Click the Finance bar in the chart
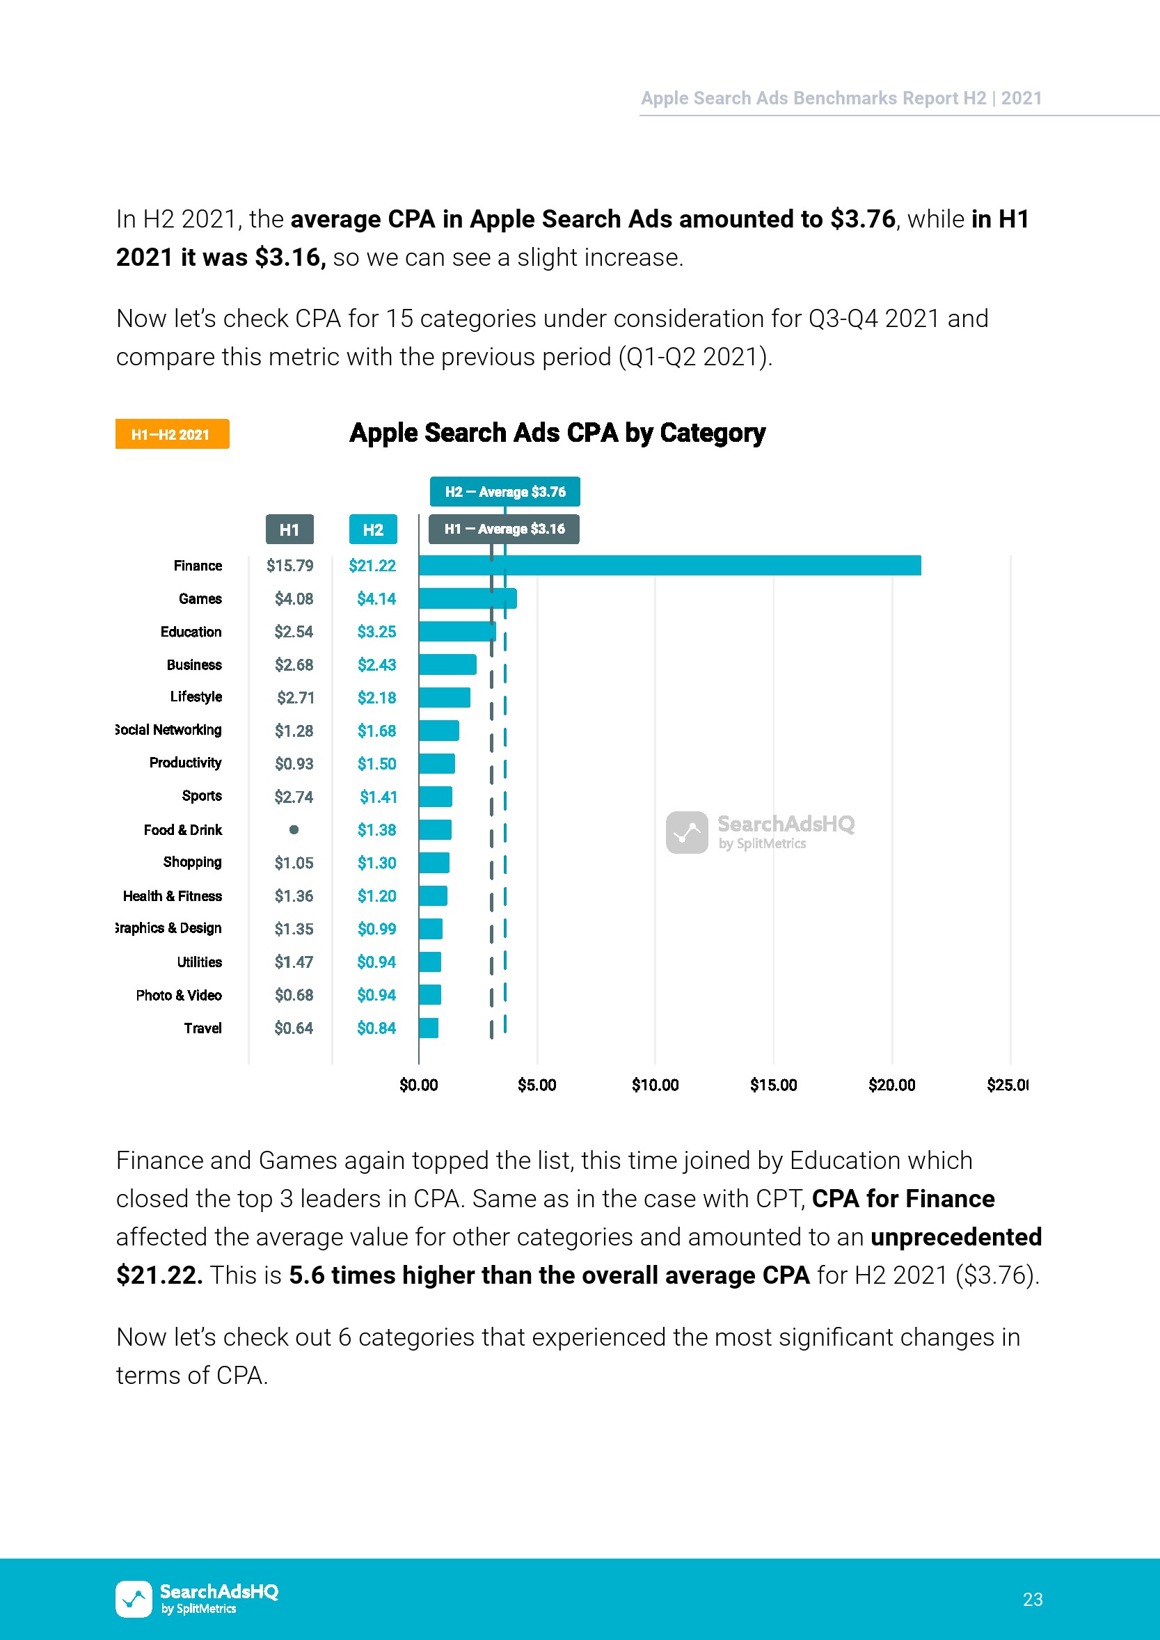[x=669, y=565]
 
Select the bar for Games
[x=467, y=598]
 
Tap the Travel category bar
[x=429, y=1028]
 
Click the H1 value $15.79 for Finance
[x=289, y=566]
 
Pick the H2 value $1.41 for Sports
[x=378, y=797]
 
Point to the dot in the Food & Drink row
[x=294, y=829]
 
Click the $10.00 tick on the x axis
[x=655, y=1085]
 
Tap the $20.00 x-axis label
[x=891, y=1085]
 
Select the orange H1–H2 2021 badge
[x=172, y=434]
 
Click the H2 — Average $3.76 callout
[x=504, y=491]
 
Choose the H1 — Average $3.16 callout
[x=504, y=529]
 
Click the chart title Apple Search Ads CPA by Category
[x=557, y=433]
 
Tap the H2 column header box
[x=373, y=530]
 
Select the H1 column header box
[x=289, y=530]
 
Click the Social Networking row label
[x=169, y=729]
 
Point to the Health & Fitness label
[x=172, y=895]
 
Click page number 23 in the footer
[x=1032, y=1598]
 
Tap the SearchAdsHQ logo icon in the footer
[x=134, y=1598]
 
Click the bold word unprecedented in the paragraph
[x=955, y=1236]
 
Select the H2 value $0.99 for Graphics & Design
[x=376, y=929]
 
